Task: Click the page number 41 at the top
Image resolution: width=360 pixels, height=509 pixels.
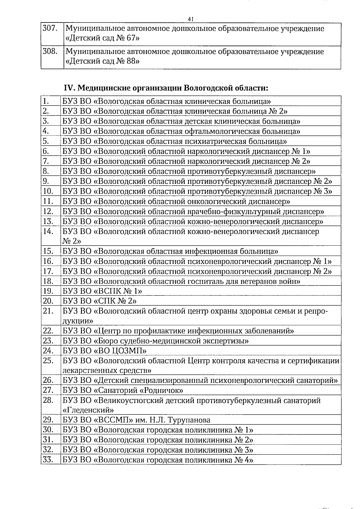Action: (x=190, y=19)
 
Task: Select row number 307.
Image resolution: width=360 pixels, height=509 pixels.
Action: (x=50, y=29)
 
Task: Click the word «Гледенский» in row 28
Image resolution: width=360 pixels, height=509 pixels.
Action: (x=88, y=410)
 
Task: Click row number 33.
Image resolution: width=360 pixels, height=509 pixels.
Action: (x=48, y=460)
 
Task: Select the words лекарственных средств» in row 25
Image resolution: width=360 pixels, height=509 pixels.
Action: (x=107, y=370)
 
